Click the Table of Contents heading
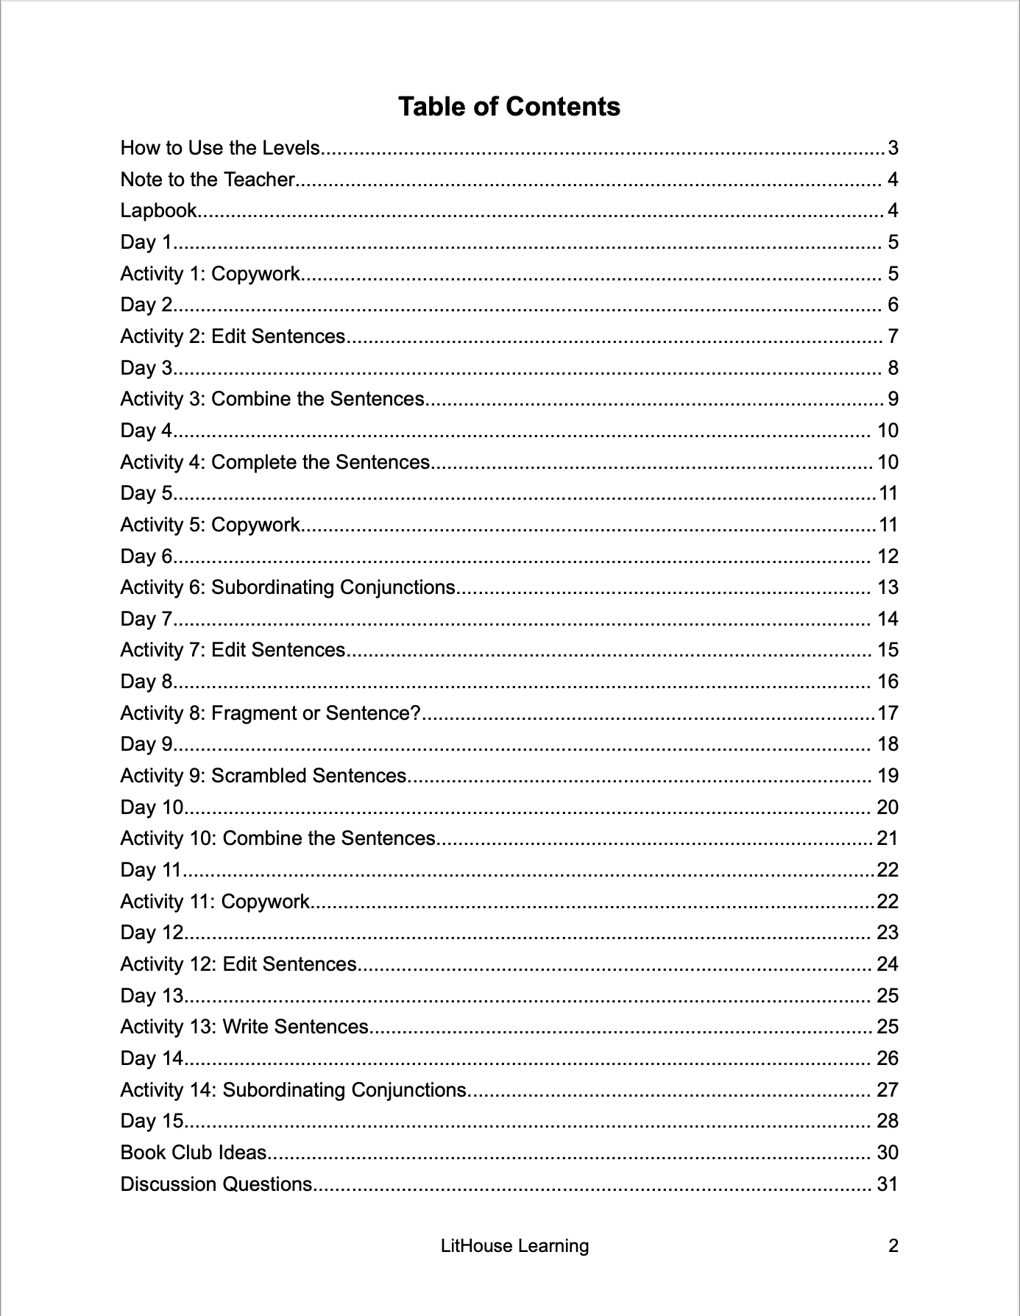[x=509, y=107]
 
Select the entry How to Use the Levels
[x=220, y=148]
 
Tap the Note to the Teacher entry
[x=208, y=180]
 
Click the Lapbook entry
[x=158, y=211]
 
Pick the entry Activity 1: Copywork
[x=210, y=274]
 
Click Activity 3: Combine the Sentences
[x=272, y=399]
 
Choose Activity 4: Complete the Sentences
[x=275, y=462]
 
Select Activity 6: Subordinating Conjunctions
[x=288, y=587]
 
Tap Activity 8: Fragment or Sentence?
[x=270, y=713]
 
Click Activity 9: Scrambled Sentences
[x=263, y=776]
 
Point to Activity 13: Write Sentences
[x=244, y=1027]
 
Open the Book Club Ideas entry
[x=194, y=1153]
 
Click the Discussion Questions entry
[x=216, y=1184]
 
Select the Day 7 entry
[x=146, y=619]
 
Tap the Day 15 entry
[x=152, y=1121]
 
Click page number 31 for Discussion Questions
[x=888, y=1184]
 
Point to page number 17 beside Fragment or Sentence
[x=888, y=713]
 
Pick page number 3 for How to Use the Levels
[x=893, y=148]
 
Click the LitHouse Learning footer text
[x=514, y=1246]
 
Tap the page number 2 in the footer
[x=893, y=1246]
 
